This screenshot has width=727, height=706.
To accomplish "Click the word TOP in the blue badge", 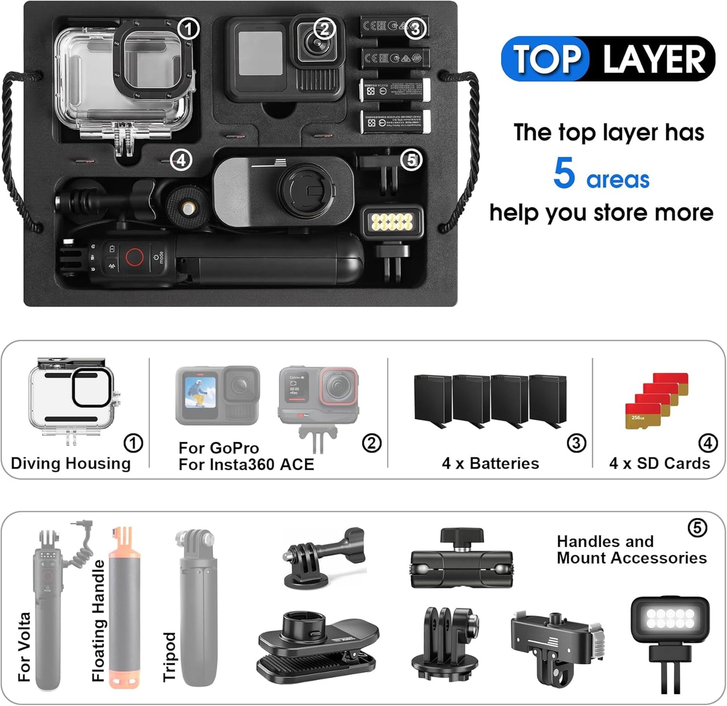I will (x=546, y=59).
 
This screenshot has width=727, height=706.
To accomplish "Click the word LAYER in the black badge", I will (x=654, y=59).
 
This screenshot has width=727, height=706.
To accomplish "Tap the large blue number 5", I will (x=564, y=173).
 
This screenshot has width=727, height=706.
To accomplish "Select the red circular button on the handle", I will (x=134, y=257).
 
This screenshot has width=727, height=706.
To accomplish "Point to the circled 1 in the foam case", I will (x=189, y=29).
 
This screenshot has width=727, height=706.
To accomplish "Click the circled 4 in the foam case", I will (x=181, y=160).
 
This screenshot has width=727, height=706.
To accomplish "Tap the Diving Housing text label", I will (x=70, y=463).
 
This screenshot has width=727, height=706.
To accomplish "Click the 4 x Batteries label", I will (x=490, y=463).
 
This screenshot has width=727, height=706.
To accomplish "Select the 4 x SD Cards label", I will (x=659, y=463).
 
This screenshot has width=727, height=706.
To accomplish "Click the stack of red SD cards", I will (x=657, y=400).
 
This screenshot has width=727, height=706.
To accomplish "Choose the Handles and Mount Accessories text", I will (x=631, y=550).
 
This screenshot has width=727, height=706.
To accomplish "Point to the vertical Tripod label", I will (x=169, y=656).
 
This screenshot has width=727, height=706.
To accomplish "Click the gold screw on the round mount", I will (x=188, y=207).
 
